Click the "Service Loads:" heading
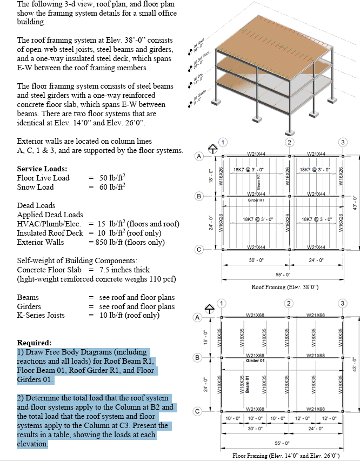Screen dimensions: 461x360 (42, 169)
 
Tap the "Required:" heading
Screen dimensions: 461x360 (35, 343)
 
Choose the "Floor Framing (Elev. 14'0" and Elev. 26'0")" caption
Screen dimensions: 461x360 (286, 456)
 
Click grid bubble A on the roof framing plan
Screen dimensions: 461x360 (199, 156)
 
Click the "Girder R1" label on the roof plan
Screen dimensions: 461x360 (255, 200)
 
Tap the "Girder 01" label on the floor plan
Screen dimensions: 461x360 (255, 360)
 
